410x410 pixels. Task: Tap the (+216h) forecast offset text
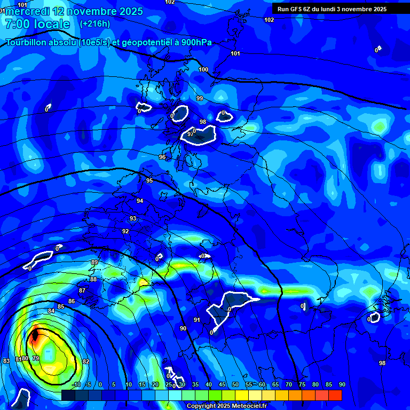click(x=94, y=23)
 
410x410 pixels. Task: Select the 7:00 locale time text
click(x=37, y=24)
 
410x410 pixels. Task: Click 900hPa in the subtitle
click(x=196, y=43)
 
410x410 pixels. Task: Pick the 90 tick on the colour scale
click(x=342, y=384)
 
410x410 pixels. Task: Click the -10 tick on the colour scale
click(x=76, y=384)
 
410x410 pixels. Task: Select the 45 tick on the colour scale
click(x=222, y=384)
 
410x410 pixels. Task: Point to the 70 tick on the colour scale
click(x=288, y=384)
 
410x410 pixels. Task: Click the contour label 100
click(x=203, y=69)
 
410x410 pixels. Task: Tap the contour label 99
click(x=200, y=98)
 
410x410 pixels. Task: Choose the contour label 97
click(x=190, y=134)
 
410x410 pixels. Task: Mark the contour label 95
click(x=149, y=180)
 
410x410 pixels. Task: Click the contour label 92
click(x=125, y=231)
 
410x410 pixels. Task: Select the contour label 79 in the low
click(x=36, y=358)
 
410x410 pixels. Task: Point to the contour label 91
click(x=197, y=320)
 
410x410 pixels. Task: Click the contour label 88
click(x=93, y=279)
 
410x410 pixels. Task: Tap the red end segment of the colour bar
click(x=335, y=395)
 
